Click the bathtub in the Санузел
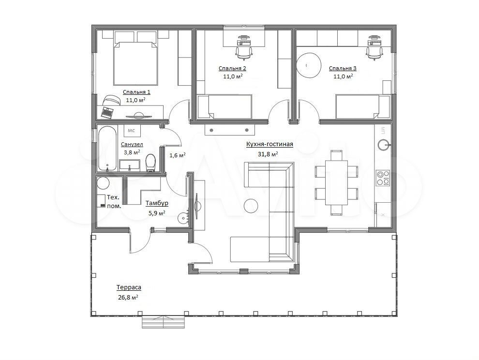click(x=107, y=148)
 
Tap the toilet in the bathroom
click(x=150, y=163)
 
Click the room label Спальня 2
click(x=232, y=68)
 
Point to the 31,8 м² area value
click(x=268, y=154)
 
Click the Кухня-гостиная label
click(x=270, y=144)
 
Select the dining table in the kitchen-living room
click(x=336, y=182)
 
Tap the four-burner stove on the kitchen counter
click(x=383, y=178)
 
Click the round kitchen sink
click(x=383, y=145)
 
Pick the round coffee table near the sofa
click(x=251, y=205)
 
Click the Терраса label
click(x=129, y=287)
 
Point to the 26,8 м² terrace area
click(x=128, y=298)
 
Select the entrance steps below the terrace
click(x=163, y=322)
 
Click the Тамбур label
click(x=157, y=203)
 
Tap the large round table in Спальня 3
click(x=309, y=66)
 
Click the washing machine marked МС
click(x=132, y=131)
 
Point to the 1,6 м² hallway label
click(x=178, y=155)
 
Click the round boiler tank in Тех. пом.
click(x=103, y=183)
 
